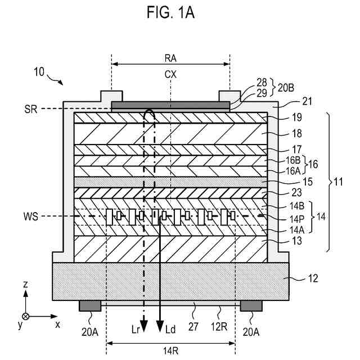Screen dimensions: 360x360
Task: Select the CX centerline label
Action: coord(171,74)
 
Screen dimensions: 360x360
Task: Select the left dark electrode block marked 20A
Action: coord(90,305)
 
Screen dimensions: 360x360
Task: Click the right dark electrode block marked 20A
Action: coord(251,305)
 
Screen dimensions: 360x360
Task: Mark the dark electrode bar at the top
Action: coord(170,105)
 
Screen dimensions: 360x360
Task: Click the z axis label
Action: coord(26,285)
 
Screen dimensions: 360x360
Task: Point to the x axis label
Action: coord(57,325)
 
